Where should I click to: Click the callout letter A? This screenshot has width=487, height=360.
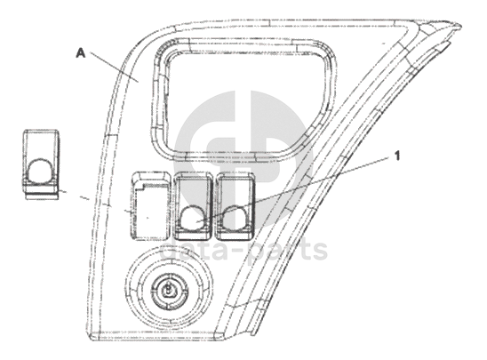81,53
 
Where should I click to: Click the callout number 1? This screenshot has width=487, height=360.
397,156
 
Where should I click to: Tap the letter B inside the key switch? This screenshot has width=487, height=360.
168,290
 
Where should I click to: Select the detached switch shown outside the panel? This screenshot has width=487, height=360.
41,164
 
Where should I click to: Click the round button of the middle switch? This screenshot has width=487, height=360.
192,218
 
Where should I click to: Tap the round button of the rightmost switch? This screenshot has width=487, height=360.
236,218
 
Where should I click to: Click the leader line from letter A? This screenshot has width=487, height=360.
114,67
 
